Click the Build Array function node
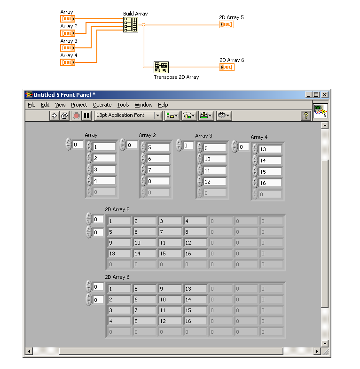(x=131, y=24)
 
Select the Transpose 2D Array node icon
(x=161, y=68)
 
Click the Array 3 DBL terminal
(x=68, y=48)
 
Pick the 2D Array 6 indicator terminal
(x=227, y=67)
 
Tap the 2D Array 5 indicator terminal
(x=227, y=24)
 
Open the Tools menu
(x=123, y=105)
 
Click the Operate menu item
(x=102, y=105)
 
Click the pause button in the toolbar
(x=86, y=115)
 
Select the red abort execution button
(x=76, y=115)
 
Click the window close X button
(x=325, y=95)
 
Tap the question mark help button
(x=306, y=115)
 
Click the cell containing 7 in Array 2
(x=158, y=170)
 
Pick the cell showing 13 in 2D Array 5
(x=119, y=254)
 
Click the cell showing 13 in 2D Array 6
(x=196, y=289)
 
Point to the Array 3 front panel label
(x=203, y=136)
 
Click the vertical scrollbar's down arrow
(x=325, y=343)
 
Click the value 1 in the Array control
(x=104, y=147)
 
